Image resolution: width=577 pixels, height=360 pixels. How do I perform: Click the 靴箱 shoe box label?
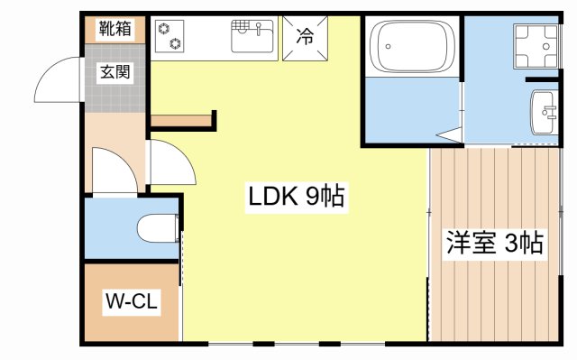tap(115, 29)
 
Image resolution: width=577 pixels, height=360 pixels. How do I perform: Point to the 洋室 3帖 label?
tap(494, 243)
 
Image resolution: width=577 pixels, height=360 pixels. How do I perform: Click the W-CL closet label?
tap(132, 301)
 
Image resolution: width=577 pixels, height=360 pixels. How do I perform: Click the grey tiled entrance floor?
tap(115, 86)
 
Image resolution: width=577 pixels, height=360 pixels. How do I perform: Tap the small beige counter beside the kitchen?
tap(181, 120)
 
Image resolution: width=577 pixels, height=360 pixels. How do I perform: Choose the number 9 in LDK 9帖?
tap(312, 196)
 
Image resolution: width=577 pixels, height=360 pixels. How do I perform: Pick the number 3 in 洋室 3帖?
tap(511, 243)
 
